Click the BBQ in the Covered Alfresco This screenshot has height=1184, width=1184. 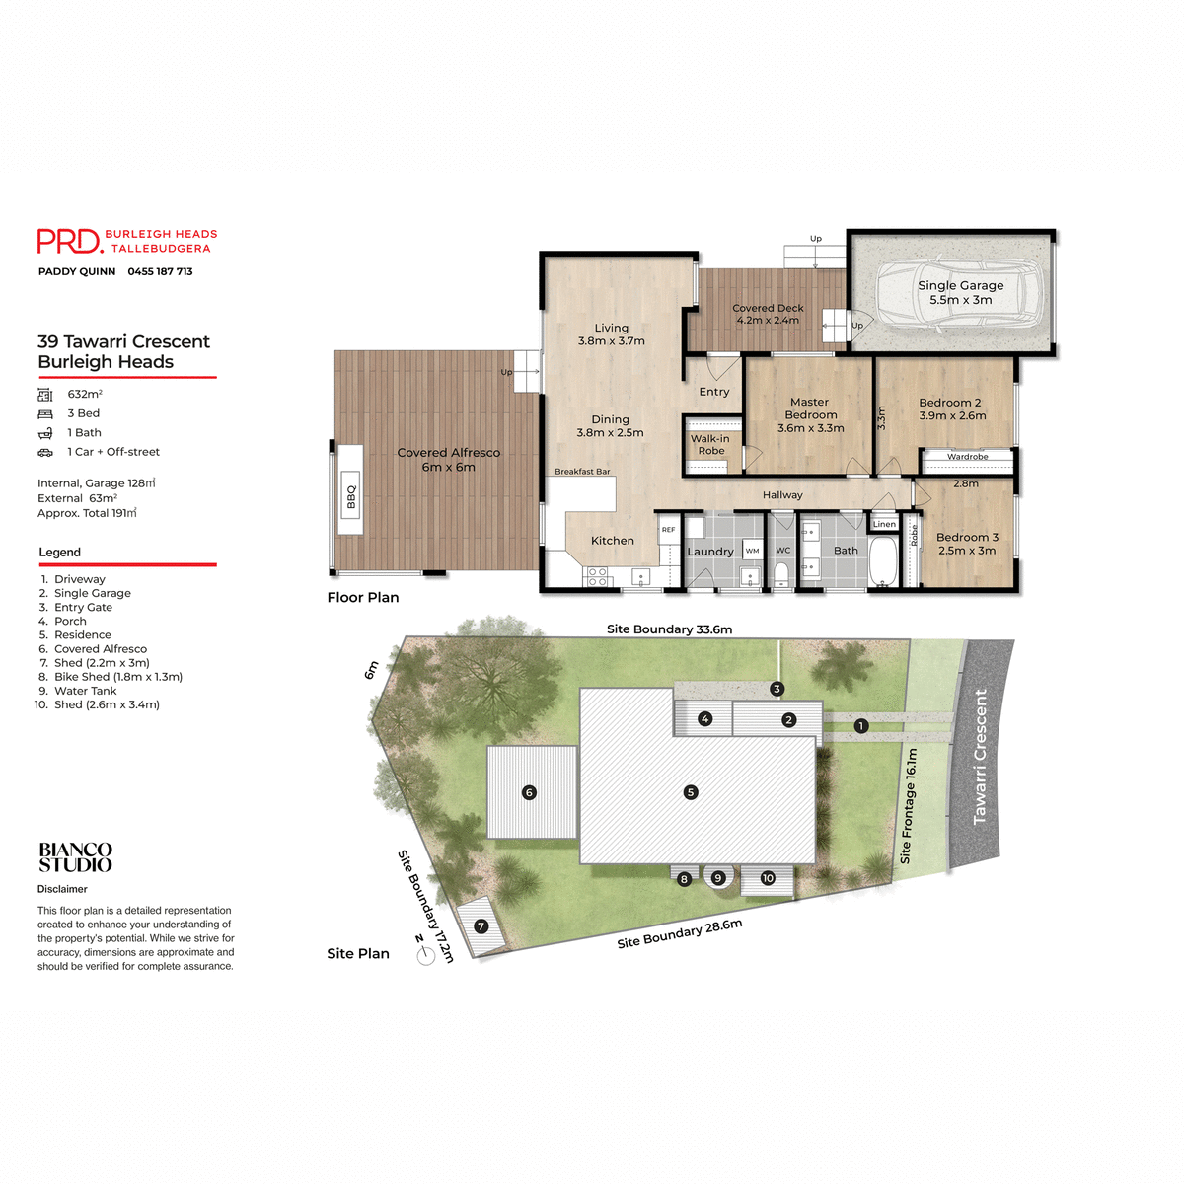tap(350, 491)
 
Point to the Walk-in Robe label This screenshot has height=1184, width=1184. tap(710, 445)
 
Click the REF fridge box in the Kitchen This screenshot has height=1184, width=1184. tap(668, 530)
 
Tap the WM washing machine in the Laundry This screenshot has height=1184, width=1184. tap(753, 551)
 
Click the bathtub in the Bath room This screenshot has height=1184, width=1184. tap(882, 561)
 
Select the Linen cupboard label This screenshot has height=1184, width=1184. tap(884, 524)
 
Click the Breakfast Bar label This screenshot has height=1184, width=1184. tap(582, 472)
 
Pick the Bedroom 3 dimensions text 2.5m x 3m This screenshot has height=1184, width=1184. tap(967, 551)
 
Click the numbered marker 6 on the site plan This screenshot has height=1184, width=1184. tap(530, 792)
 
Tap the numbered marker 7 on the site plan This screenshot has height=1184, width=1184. tap(481, 926)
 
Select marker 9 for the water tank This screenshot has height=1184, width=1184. tap(718, 878)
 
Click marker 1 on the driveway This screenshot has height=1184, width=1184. tap(861, 726)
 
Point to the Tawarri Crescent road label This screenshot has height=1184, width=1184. tap(980, 757)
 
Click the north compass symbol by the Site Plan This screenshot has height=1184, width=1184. tap(425, 954)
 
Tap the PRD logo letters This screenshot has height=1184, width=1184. tap(69, 241)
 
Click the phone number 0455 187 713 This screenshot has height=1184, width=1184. tap(160, 271)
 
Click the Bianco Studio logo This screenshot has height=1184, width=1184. tap(75, 857)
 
